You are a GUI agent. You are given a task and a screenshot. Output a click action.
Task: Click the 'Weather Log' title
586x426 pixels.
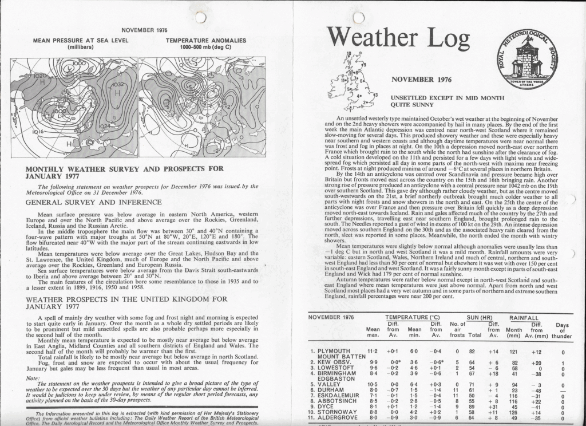pyautogui.click(x=399, y=38)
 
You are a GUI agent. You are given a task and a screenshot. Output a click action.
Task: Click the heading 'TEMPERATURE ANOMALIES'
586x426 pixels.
pyautogui.click(x=206, y=41)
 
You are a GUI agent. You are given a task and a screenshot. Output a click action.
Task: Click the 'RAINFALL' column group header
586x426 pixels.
pyautogui.click(x=524, y=317)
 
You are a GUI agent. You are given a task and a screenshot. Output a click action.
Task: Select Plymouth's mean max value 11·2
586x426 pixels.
pyautogui.click(x=372, y=351)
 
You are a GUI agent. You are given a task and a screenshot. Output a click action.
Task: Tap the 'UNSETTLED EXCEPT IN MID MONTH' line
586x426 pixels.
pyautogui.click(x=447, y=98)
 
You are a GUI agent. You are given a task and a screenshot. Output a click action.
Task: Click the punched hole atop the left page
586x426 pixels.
pyautogui.click(x=200, y=17)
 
